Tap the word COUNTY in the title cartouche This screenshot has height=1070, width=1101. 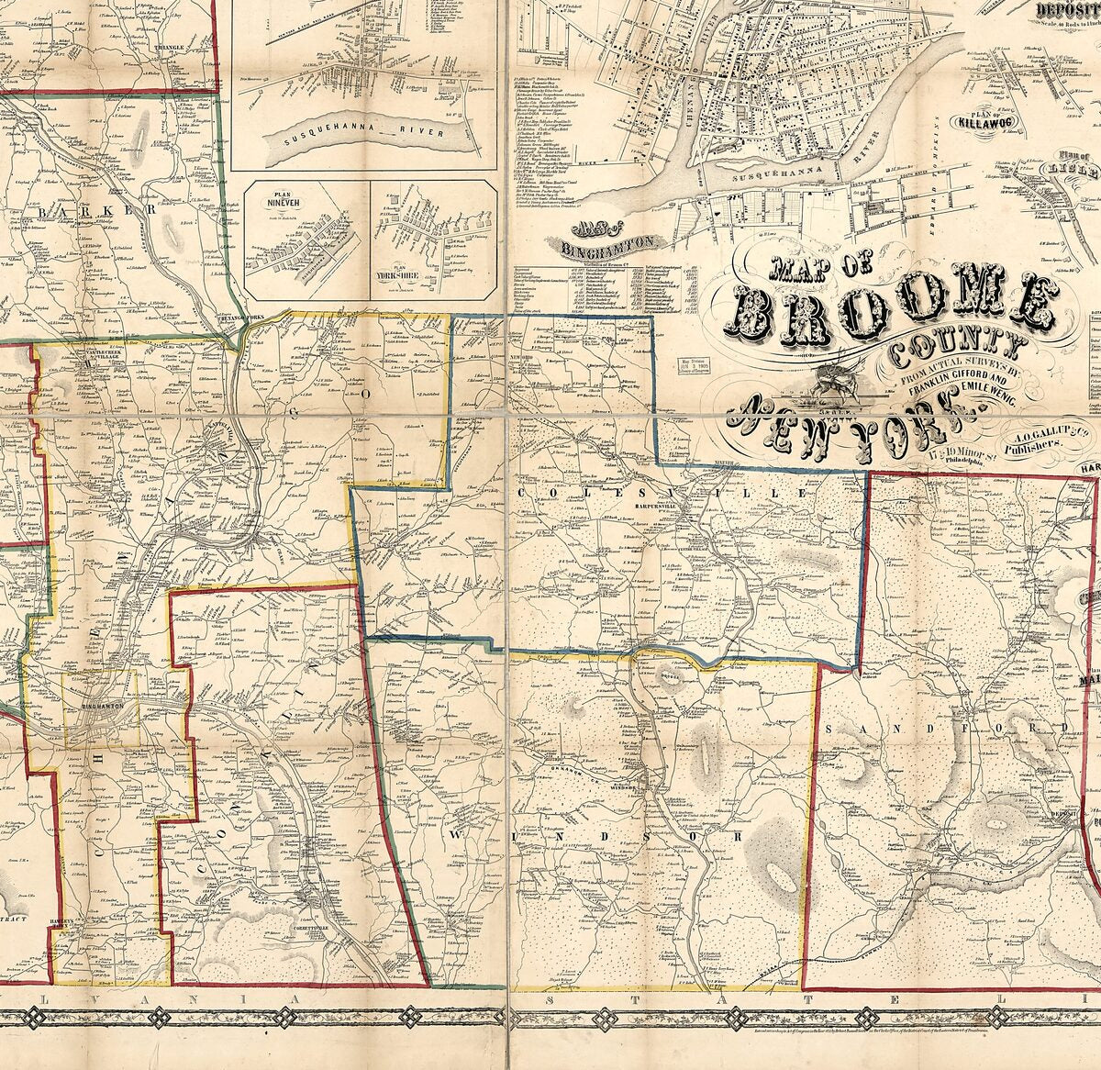coord(954,348)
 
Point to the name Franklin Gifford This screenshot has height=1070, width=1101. coord(954,377)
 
